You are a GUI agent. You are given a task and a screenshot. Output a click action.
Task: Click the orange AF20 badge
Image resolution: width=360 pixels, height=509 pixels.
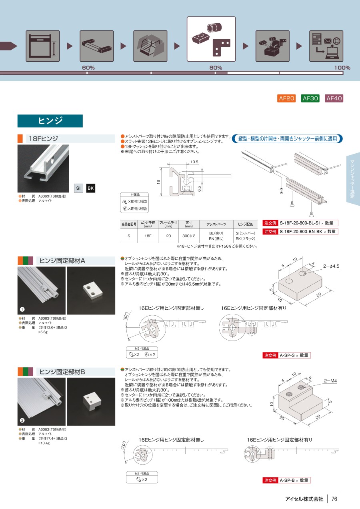[x=286, y=98]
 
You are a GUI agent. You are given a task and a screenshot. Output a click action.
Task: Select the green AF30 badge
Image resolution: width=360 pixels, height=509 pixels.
[x=310, y=98]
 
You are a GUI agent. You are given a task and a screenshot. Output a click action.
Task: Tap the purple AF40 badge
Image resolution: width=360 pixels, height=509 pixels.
[x=334, y=98]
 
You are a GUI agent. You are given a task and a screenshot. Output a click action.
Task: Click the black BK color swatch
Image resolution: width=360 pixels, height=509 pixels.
[x=91, y=188]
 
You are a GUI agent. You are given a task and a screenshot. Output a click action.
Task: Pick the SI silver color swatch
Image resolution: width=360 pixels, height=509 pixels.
[x=78, y=188]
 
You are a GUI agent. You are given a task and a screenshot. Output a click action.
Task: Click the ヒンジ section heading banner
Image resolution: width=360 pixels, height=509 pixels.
[x=50, y=121]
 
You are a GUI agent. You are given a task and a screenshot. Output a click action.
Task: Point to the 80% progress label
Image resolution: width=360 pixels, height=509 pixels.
[x=216, y=68]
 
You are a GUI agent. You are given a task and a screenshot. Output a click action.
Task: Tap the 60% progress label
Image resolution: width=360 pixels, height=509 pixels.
[x=88, y=68]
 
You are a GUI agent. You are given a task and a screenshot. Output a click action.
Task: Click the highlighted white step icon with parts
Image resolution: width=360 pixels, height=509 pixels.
[x=211, y=39]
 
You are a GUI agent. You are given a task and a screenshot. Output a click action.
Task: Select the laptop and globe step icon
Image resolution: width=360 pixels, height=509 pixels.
[x=326, y=46]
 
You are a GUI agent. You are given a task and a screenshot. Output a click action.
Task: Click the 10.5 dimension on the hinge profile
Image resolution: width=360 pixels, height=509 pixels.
[x=194, y=162]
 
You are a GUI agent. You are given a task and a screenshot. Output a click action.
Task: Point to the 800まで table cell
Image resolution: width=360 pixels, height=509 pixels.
[x=189, y=236]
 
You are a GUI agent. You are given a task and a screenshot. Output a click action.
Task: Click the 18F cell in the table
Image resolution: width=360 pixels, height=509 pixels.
[x=148, y=236]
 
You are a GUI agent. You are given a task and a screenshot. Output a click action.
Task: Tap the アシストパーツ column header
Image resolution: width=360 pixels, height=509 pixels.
[x=216, y=224]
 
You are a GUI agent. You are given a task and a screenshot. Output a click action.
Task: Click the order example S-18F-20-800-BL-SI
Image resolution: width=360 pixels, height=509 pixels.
[x=300, y=223]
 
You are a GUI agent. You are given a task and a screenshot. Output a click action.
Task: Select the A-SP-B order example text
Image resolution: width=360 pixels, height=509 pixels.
[x=287, y=480]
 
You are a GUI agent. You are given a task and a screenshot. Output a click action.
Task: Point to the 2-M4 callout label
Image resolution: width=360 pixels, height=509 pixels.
[x=330, y=381]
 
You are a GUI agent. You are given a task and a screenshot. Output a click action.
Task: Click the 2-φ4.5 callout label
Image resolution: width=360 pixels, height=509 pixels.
[x=331, y=266]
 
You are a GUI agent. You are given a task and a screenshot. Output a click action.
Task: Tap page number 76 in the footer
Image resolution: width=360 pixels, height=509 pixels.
[x=334, y=499]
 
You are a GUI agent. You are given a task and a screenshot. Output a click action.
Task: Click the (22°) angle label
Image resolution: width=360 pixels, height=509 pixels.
[x=126, y=316]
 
